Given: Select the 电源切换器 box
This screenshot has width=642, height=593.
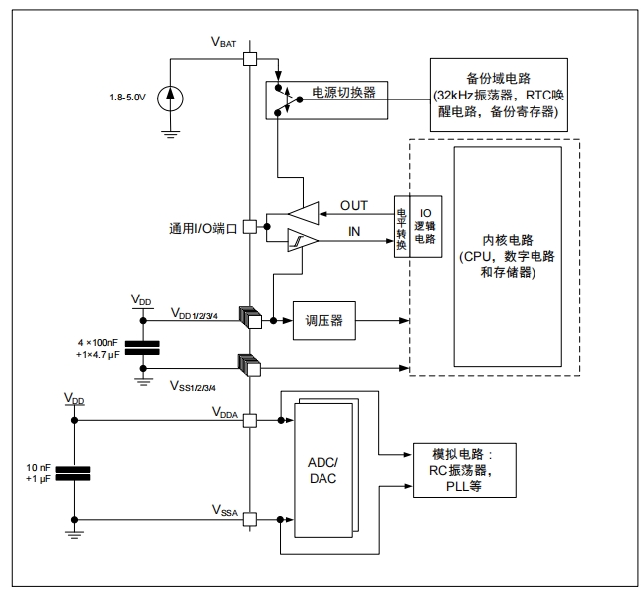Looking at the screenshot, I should [x=327, y=98].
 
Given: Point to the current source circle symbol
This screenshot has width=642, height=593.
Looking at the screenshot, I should [x=174, y=98].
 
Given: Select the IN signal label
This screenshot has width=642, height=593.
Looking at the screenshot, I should [x=354, y=232].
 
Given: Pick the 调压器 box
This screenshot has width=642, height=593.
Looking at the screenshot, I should [x=324, y=320].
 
